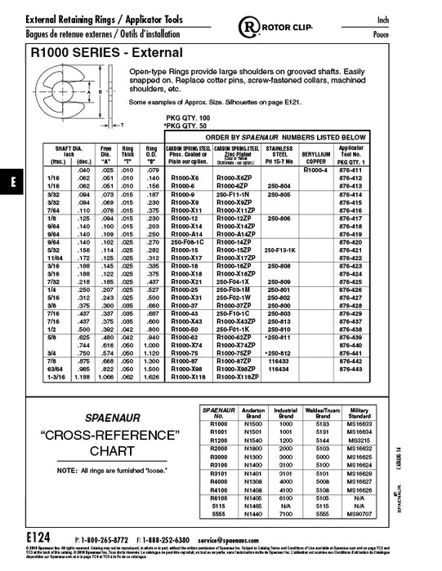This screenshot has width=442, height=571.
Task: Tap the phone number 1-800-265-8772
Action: (109, 540)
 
